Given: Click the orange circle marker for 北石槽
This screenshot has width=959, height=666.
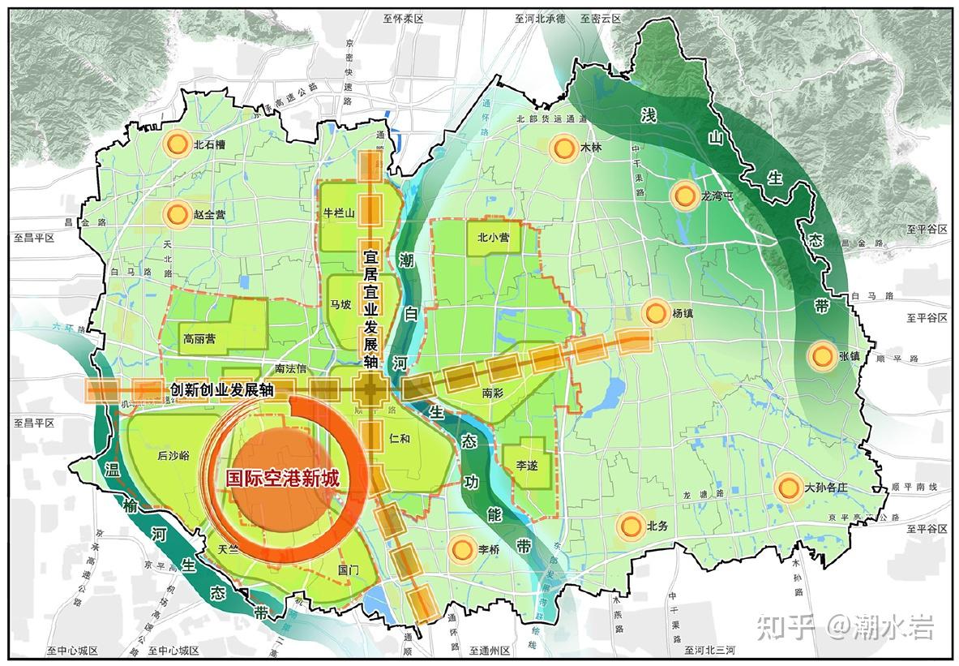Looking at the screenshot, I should (174, 145).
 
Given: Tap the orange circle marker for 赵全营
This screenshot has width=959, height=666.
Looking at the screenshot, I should (176, 215).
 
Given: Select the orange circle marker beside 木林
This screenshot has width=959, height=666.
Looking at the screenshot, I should (562, 148).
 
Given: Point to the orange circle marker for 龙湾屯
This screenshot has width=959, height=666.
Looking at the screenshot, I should (683, 195).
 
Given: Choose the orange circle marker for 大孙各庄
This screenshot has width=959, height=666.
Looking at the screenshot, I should (787, 488).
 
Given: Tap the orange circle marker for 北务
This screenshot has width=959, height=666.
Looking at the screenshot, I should (629, 526).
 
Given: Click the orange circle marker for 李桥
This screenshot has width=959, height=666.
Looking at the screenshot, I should (461, 549).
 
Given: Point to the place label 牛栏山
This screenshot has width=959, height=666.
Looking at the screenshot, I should (340, 213).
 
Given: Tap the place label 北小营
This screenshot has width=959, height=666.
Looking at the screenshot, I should (493, 238).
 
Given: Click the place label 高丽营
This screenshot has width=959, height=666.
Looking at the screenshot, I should (199, 338).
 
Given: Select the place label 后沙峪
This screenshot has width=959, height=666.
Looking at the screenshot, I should (173, 456).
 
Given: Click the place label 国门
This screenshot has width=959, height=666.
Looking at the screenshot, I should (348, 569).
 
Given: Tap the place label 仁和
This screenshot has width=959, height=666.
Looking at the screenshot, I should (400, 438).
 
